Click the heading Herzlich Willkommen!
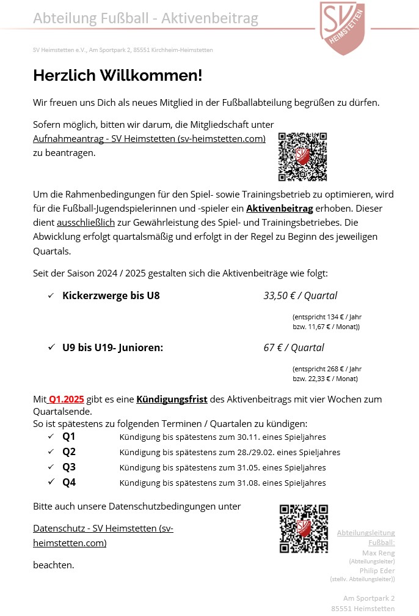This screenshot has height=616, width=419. pyautogui.click(x=117, y=76)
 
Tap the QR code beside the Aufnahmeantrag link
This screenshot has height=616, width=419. pyautogui.click(x=302, y=157)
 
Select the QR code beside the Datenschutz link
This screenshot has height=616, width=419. pyautogui.click(x=304, y=529)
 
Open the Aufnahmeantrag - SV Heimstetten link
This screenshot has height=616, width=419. pyautogui.click(x=149, y=139)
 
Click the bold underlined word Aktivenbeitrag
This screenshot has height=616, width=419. pyautogui.click(x=280, y=209)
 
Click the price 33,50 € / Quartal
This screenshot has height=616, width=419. pyautogui.click(x=300, y=296)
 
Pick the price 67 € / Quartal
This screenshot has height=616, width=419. pyautogui.click(x=294, y=348)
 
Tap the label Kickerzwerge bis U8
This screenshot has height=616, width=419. pyautogui.click(x=111, y=296)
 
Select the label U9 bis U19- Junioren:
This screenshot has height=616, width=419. pyautogui.click(x=112, y=348)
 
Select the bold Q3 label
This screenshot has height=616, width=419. pyautogui.click(x=69, y=467)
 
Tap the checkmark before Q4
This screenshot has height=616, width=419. pyautogui.click(x=51, y=483)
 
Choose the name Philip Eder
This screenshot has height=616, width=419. pyautogui.click(x=377, y=571)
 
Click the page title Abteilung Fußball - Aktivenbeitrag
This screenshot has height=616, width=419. pyautogui.click(x=145, y=19)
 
